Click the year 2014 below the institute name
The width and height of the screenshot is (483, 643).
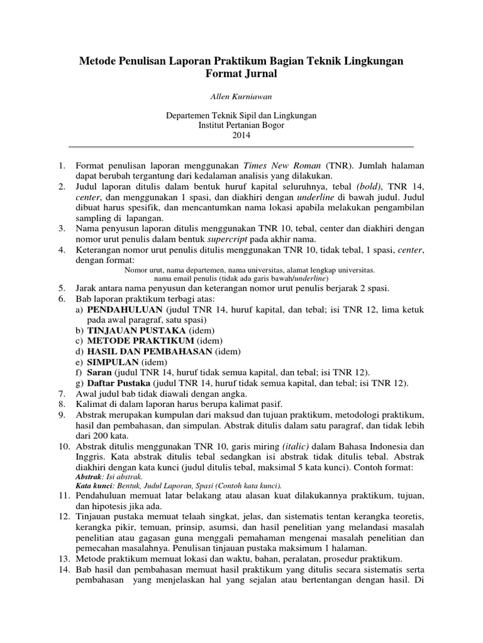[241, 134]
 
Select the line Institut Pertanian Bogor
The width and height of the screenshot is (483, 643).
[241, 125]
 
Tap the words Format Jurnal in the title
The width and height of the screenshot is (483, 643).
[241, 74]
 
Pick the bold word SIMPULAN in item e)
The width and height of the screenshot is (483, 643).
[113, 362]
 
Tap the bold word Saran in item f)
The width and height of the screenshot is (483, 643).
[100, 372]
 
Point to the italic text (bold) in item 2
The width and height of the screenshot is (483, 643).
[369, 186]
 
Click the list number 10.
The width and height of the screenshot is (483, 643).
[61, 446]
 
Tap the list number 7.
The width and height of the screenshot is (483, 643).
[61, 393]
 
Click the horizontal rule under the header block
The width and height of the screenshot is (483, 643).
[241, 147]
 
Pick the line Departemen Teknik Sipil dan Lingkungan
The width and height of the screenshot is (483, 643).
[241, 116]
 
